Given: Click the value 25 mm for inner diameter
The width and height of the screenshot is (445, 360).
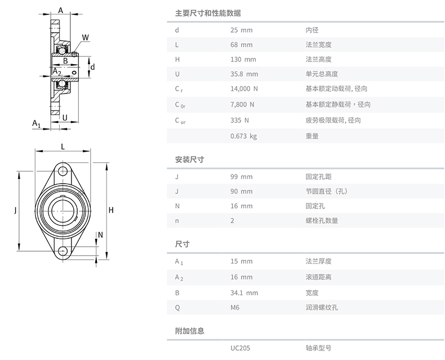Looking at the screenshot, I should point(241,30).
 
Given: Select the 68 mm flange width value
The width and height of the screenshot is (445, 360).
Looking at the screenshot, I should point(241,45).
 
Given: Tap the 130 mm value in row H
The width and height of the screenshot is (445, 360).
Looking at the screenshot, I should point(243,59).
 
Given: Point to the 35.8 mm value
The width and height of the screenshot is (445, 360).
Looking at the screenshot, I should point(244,74).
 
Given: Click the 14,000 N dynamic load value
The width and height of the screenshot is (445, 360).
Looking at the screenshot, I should point(244,88).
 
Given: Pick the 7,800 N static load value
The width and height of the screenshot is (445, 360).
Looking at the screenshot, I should point(242,104).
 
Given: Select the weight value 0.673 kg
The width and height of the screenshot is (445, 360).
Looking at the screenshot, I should point(243,136).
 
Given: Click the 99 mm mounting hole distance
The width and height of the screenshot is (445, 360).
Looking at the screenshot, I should point(241,177).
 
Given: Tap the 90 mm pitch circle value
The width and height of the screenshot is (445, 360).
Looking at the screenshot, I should point(241,192).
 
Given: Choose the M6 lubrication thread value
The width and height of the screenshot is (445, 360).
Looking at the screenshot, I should point(235,308).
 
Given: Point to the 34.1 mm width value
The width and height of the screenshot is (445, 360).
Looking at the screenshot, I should point(244,293).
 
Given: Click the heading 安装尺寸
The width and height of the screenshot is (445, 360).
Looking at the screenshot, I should point(189,159).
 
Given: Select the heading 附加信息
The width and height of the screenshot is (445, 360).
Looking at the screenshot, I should point(189,331).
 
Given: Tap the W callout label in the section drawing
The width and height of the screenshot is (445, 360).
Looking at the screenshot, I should point(84,38).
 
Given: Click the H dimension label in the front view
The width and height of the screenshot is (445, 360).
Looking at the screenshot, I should point(112,211).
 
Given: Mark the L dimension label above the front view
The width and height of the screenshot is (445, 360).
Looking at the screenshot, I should point(63,146).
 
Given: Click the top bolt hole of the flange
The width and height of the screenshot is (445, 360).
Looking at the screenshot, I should point(63,171).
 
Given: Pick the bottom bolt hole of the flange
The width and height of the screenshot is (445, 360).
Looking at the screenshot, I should point(63,251).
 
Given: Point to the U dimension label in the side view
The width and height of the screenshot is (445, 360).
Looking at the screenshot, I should point(66,118).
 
